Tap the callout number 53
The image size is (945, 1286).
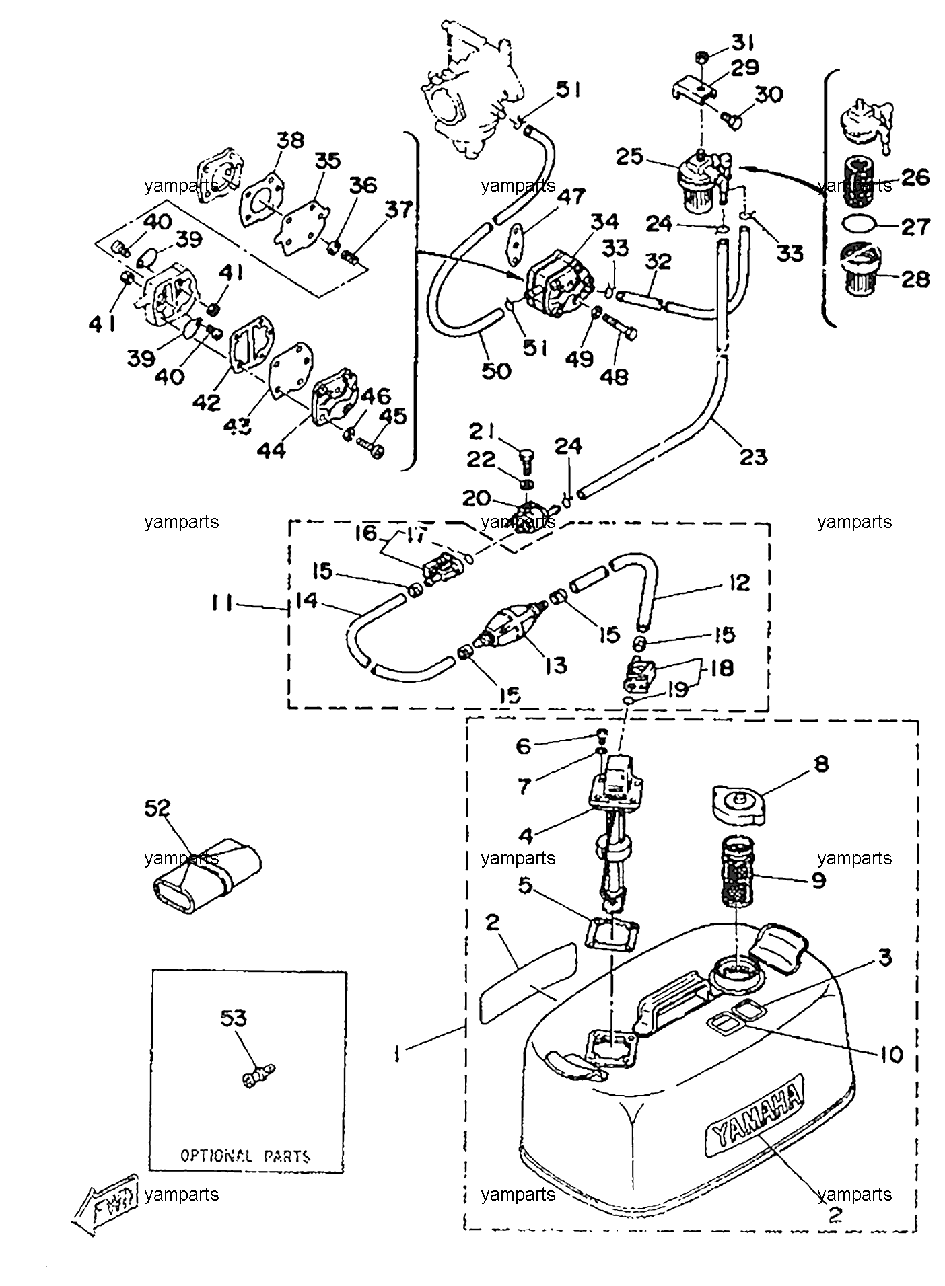(x=234, y=1019)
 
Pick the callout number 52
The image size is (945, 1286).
(x=157, y=807)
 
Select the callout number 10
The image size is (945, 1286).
(x=890, y=1054)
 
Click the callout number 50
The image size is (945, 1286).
(x=497, y=370)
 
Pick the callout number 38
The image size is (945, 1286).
(x=290, y=139)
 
